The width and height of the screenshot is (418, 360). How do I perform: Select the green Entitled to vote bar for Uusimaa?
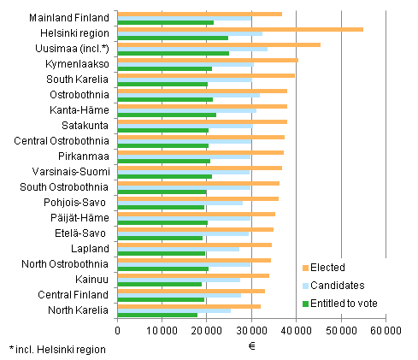[x=173, y=53]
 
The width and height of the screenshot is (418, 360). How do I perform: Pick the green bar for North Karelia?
[x=157, y=315]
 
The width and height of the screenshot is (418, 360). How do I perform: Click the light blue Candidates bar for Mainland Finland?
[x=184, y=19]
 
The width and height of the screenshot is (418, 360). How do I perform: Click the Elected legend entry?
[x=330, y=268]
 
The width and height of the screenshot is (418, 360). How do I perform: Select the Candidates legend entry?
[x=338, y=286]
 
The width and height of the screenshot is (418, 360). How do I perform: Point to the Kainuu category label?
[x=90, y=279]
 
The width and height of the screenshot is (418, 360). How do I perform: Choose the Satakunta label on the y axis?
[x=85, y=125]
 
